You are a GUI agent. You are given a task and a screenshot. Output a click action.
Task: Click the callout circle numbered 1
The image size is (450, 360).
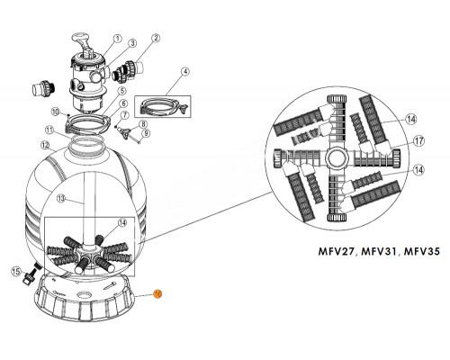pyautogui.click(x=117, y=39)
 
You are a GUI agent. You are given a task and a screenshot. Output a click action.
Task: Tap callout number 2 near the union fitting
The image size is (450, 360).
pyautogui.click(x=156, y=39)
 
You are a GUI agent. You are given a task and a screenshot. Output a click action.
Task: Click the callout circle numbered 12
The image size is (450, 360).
pyautogui.click(x=43, y=144)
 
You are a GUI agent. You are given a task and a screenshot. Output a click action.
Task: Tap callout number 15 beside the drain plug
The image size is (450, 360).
pyautogui.click(x=15, y=270)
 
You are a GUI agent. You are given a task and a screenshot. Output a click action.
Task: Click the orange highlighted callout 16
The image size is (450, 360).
pyautogui.click(x=156, y=293)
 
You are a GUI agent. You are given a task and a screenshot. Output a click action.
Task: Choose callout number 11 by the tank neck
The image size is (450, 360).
pyautogui.click(x=51, y=130)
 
